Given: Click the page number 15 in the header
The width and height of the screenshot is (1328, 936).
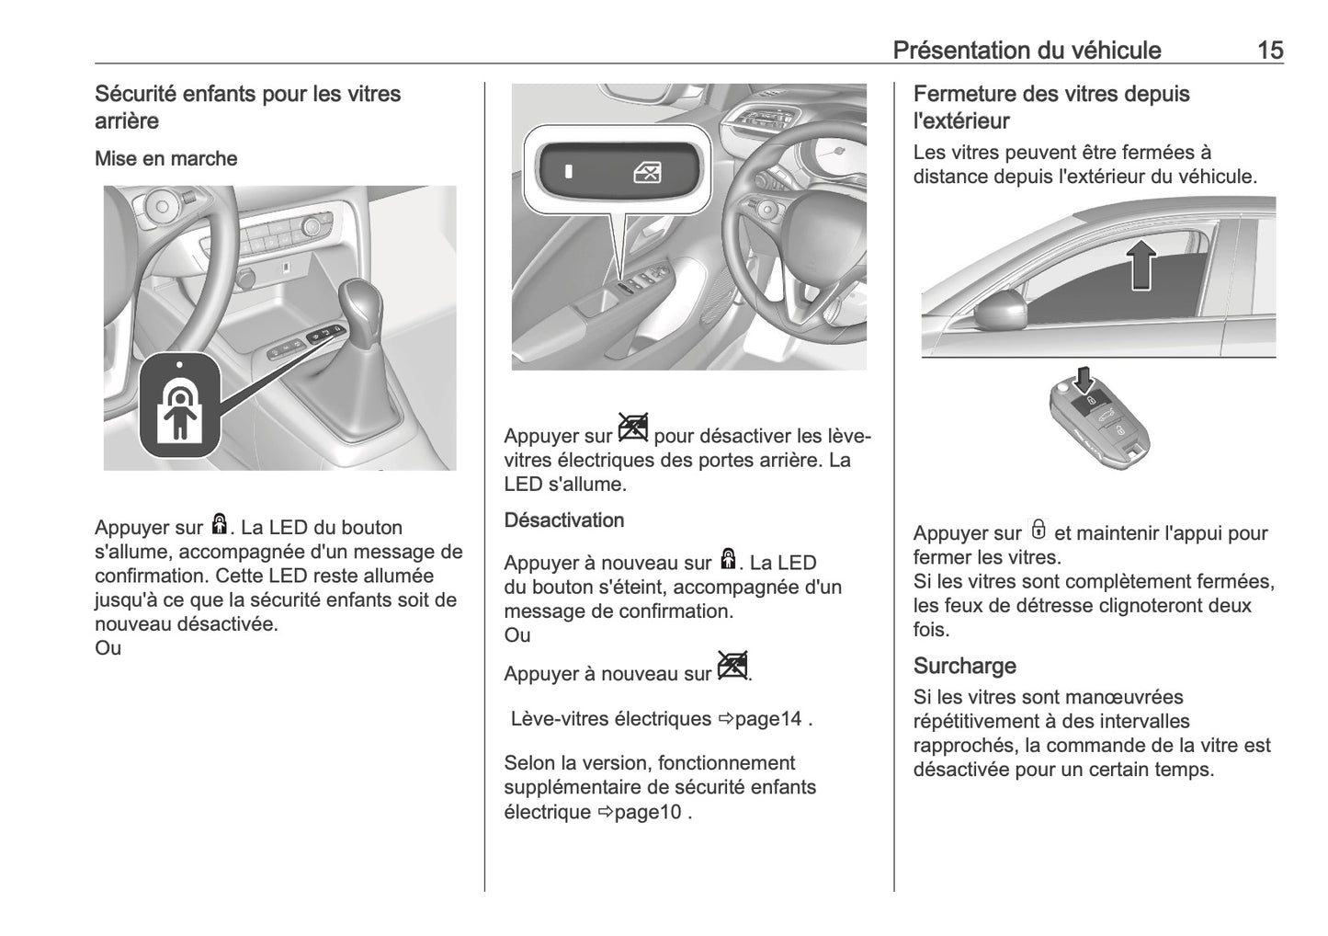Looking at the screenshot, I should tap(1269, 50).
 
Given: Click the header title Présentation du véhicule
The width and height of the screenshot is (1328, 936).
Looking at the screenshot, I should tap(1027, 50).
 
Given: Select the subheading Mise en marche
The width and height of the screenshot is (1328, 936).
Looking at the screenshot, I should tap(165, 158).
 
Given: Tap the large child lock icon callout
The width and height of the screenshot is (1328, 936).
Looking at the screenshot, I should tap(180, 405).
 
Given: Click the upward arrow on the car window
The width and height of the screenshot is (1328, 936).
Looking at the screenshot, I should tap(1141, 263).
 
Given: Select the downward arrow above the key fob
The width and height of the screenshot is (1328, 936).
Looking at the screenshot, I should tap(1086, 378).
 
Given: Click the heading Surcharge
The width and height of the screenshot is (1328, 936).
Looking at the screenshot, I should tap(964, 666).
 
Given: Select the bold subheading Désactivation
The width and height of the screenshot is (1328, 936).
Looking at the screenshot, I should tap(563, 520).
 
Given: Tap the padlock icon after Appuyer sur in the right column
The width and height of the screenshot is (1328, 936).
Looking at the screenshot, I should tap(1039, 531).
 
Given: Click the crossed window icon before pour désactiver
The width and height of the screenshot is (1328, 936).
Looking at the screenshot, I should tap(633, 428).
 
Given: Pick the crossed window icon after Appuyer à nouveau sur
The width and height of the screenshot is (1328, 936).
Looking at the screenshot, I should tap(732, 666).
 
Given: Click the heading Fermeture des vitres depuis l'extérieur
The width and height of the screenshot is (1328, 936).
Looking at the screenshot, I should tap(1050, 107).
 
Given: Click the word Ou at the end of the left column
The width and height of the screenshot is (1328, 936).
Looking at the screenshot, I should tap(108, 648).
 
